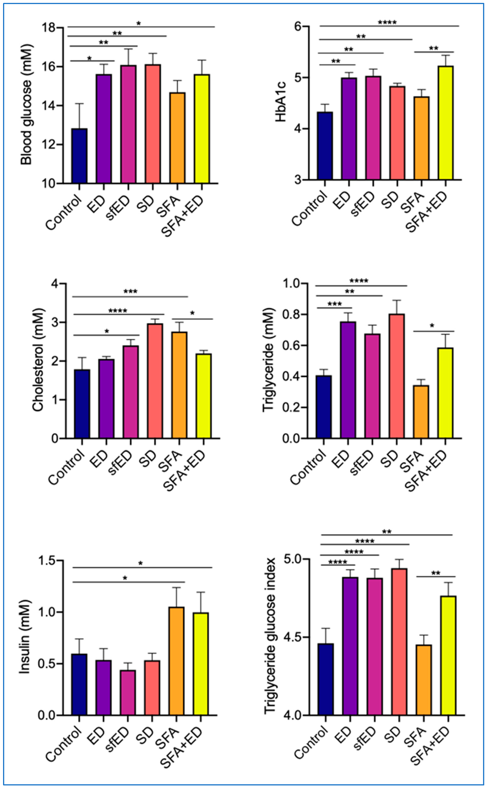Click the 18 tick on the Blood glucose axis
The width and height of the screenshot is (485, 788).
coord(48,28)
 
